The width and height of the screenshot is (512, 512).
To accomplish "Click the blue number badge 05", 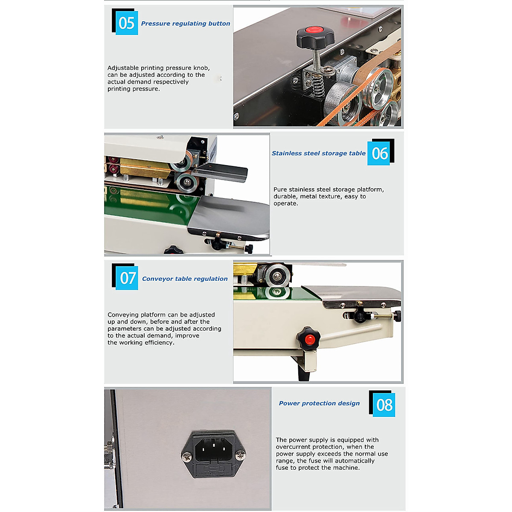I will click(127, 23).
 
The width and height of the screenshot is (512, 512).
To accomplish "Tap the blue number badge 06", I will click(379, 153).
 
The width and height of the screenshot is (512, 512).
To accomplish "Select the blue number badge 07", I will click(127, 278).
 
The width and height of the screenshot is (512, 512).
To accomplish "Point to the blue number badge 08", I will click(384, 404).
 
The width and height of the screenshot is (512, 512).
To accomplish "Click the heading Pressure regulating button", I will click(186, 23).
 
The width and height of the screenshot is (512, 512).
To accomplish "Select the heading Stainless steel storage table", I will click(319, 153).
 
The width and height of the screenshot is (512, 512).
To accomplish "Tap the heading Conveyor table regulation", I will click(185, 279).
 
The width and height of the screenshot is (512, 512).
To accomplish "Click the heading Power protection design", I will click(319, 403).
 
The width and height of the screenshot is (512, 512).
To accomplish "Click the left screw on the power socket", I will click(186, 457).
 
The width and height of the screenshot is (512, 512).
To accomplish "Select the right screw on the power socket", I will click(241, 457).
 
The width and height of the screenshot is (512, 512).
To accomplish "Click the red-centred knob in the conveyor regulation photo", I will click(309, 339).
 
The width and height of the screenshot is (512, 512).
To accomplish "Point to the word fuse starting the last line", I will click(282, 468).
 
